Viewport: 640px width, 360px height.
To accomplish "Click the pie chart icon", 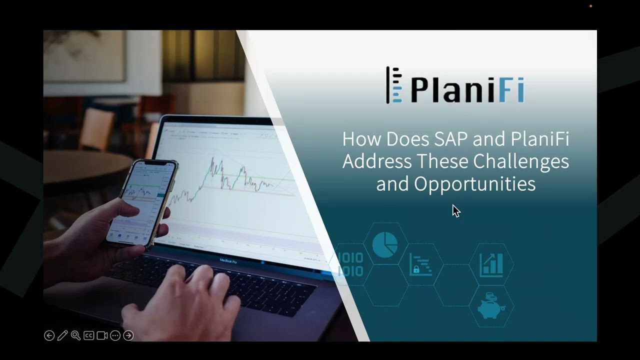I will pos(385,243).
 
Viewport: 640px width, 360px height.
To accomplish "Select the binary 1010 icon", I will pos(350,264).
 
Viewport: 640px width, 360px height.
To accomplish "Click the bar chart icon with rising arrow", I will pos(491,264).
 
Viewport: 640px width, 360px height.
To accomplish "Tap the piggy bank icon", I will pos(489,306).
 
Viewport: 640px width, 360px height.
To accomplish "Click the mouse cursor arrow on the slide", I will pos(455,210).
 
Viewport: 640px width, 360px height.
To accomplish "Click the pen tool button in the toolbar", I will pos(62,335).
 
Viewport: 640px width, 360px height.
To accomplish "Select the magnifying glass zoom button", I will pos(75,335).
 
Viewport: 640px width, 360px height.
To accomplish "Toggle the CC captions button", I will pos(89,335).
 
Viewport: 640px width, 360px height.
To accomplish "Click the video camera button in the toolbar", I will pos(102,335).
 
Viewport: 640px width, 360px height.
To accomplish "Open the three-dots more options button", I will pos(115,335).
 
